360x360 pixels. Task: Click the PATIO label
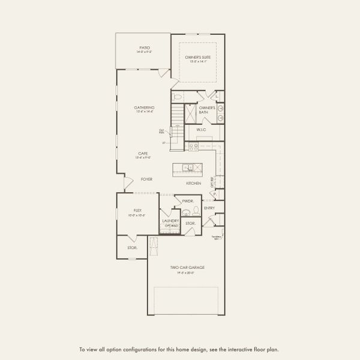tap(144, 47)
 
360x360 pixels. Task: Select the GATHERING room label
tap(144, 107)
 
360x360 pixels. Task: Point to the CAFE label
tap(143, 154)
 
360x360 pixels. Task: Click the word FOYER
tap(146, 179)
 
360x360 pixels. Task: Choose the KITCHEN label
tap(193, 182)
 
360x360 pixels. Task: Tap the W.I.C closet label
tap(201, 130)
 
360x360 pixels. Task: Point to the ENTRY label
tap(209, 208)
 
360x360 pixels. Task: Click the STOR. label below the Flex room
tap(132, 247)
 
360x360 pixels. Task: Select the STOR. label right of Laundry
tap(190, 223)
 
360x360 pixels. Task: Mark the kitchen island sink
tap(188, 167)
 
